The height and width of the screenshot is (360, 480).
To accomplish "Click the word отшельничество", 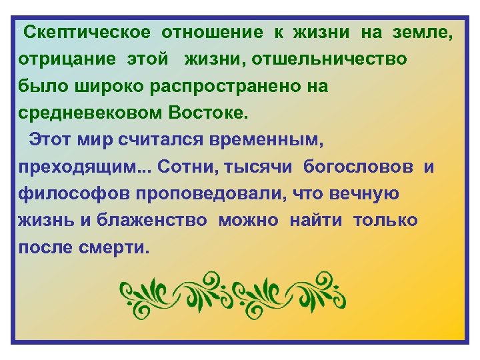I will coord(333,59).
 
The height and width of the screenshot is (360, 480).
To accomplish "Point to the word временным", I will coord(267,140).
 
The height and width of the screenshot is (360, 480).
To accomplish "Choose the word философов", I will coord(74,194).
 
